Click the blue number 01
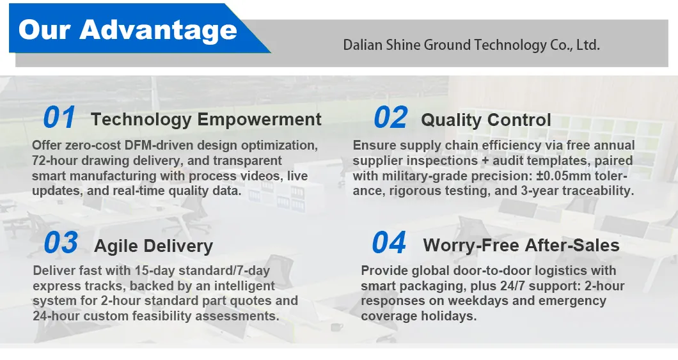[x=59, y=118]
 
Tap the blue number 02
[x=390, y=118]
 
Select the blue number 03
[x=61, y=242]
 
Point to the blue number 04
[x=389, y=242]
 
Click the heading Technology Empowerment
[x=206, y=120]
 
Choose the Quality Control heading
[x=486, y=120]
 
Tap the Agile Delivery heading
[x=154, y=246]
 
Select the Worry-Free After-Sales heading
[x=521, y=246]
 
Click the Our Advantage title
[x=128, y=30]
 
